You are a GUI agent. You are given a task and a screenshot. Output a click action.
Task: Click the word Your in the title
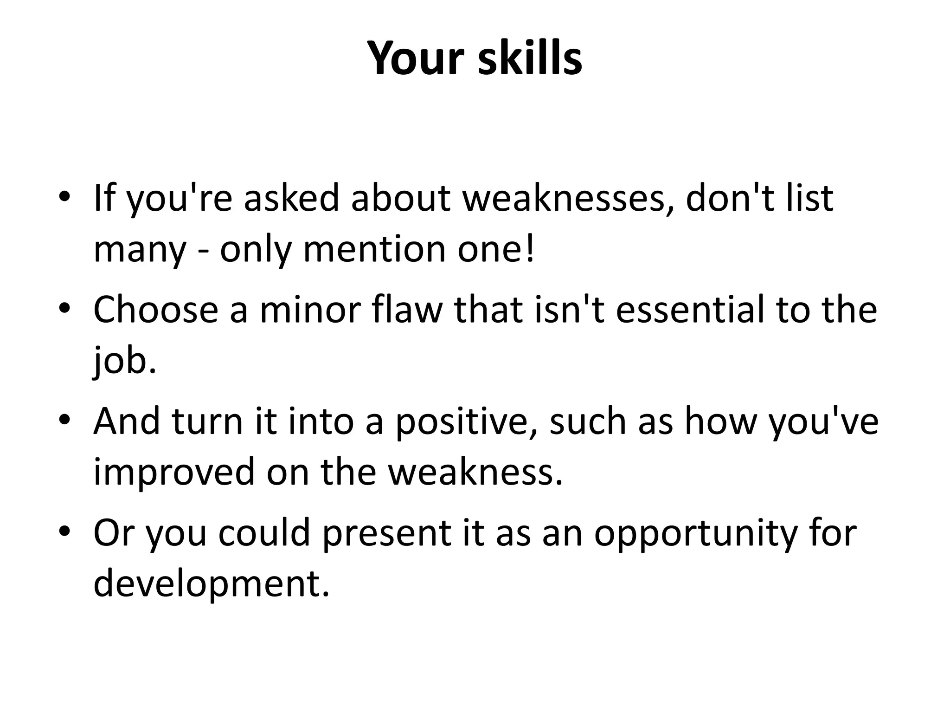(x=415, y=58)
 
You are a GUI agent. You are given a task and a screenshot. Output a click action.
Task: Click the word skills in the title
(x=530, y=58)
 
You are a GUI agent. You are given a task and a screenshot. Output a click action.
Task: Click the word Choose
(x=155, y=310)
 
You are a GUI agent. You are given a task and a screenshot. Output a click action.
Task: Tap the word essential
(x=690, y=310)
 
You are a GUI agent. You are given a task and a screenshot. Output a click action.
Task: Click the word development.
(x=211, y=583)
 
